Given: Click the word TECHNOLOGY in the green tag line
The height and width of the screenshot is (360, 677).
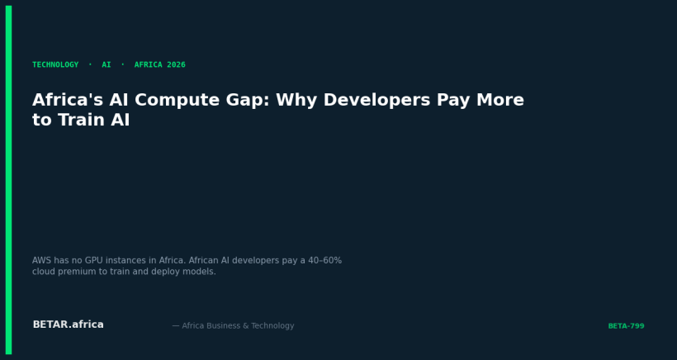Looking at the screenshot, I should (55, 65).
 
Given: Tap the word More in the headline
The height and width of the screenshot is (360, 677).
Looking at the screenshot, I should (499, 101).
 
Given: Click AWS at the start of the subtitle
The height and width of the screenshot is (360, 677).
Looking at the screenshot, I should (42, 261).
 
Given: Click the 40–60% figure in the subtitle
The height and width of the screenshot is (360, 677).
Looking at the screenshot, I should (323, 261).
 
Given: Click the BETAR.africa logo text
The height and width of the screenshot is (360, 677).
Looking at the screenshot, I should (68, 325).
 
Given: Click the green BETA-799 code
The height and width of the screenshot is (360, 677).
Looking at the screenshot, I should (626, 326).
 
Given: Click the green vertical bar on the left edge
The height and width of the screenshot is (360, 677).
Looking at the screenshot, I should (8, 180).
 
